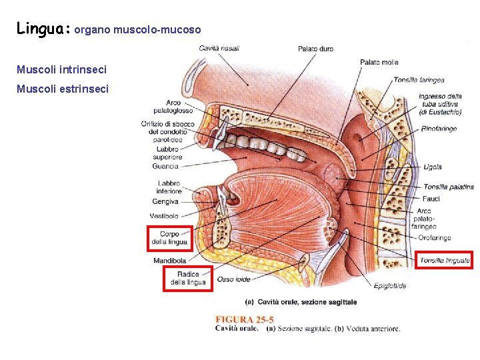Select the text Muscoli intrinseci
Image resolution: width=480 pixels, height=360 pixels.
[61, 69]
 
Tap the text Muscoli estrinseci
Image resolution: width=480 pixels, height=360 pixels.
[61, 89]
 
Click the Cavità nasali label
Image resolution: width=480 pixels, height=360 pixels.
[219, 48]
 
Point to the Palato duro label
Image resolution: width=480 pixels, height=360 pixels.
[315, 49]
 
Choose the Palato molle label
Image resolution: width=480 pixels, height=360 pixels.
[379, 62]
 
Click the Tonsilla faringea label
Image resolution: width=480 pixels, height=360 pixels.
[419, 80]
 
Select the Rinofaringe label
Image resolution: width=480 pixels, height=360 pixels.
[439, 129]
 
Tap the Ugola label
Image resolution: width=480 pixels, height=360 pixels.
[432, 167]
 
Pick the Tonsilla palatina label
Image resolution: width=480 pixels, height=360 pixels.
[448, 187]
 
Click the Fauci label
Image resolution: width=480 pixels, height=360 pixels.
[431, 199]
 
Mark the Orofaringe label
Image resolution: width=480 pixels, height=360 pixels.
[435, 237]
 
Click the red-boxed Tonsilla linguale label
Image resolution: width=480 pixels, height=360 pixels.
[445, 260]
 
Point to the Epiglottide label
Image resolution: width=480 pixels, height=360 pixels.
[390, 286]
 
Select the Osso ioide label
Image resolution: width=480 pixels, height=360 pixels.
[234, 279]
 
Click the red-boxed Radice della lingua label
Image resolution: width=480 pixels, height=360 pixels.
[188, 279]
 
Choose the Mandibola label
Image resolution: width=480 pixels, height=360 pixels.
[169, 260]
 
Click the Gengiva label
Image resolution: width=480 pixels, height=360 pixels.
[165, 201]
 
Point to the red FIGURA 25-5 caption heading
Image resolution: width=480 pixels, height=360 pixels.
[244, 319]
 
